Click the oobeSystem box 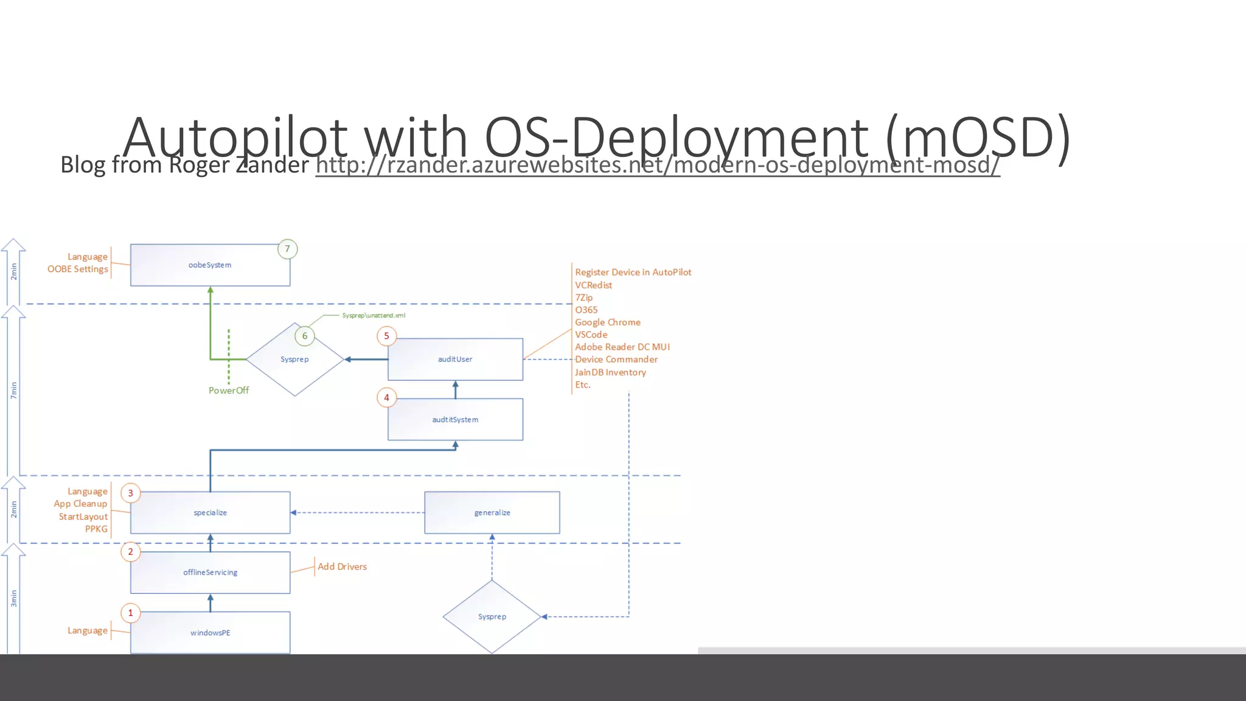tap(210, 265)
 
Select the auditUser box tap(455, 359)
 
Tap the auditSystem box tap(455, 419)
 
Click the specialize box tap(210, 512)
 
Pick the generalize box tap(492, 512)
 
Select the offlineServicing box tap(210, 572)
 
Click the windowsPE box tap(210, 633)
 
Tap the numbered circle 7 tap(287, 249)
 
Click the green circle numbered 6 tap(305, 336)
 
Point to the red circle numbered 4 tap(386, 398)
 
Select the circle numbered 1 tap(130, 613)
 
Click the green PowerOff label tap(229, 391)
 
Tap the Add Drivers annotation tap(342, 567)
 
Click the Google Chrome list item tap(607, 323)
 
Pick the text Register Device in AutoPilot tap(633, 273)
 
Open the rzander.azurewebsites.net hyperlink tap(657, 165)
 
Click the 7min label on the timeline tap(13, 390)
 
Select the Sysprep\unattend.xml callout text tap(374, 315)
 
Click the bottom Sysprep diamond tap(492, 616)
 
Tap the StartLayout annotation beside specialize tap(83, 517)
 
